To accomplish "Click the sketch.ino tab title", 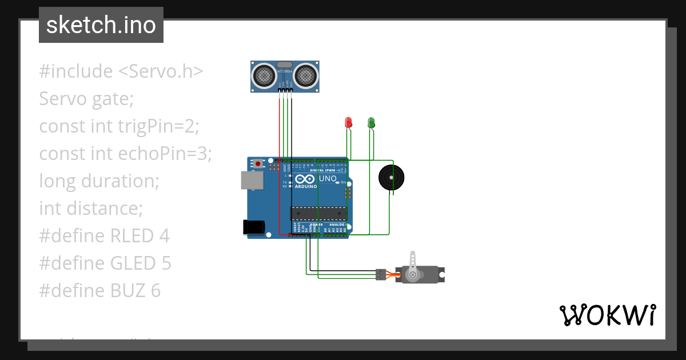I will [101, 25].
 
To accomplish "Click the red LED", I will [348, 122].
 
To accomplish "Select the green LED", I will [371, 122].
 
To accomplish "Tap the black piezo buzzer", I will [391, 178].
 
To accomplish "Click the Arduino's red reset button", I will [258, 164].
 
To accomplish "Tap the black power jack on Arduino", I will [253, 227].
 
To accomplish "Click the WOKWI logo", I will [607, 315].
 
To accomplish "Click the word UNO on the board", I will [327, 179].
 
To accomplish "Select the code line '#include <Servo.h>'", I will [121, 71].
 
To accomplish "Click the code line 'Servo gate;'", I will [86, 99].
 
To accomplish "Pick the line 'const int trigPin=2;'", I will [119, 126].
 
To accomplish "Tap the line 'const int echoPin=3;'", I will [125, 153].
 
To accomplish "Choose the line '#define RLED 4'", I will [104, 235].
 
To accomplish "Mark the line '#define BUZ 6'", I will [99, 290].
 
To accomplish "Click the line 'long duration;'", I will [99, 181].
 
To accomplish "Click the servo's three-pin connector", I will [380, 274].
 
